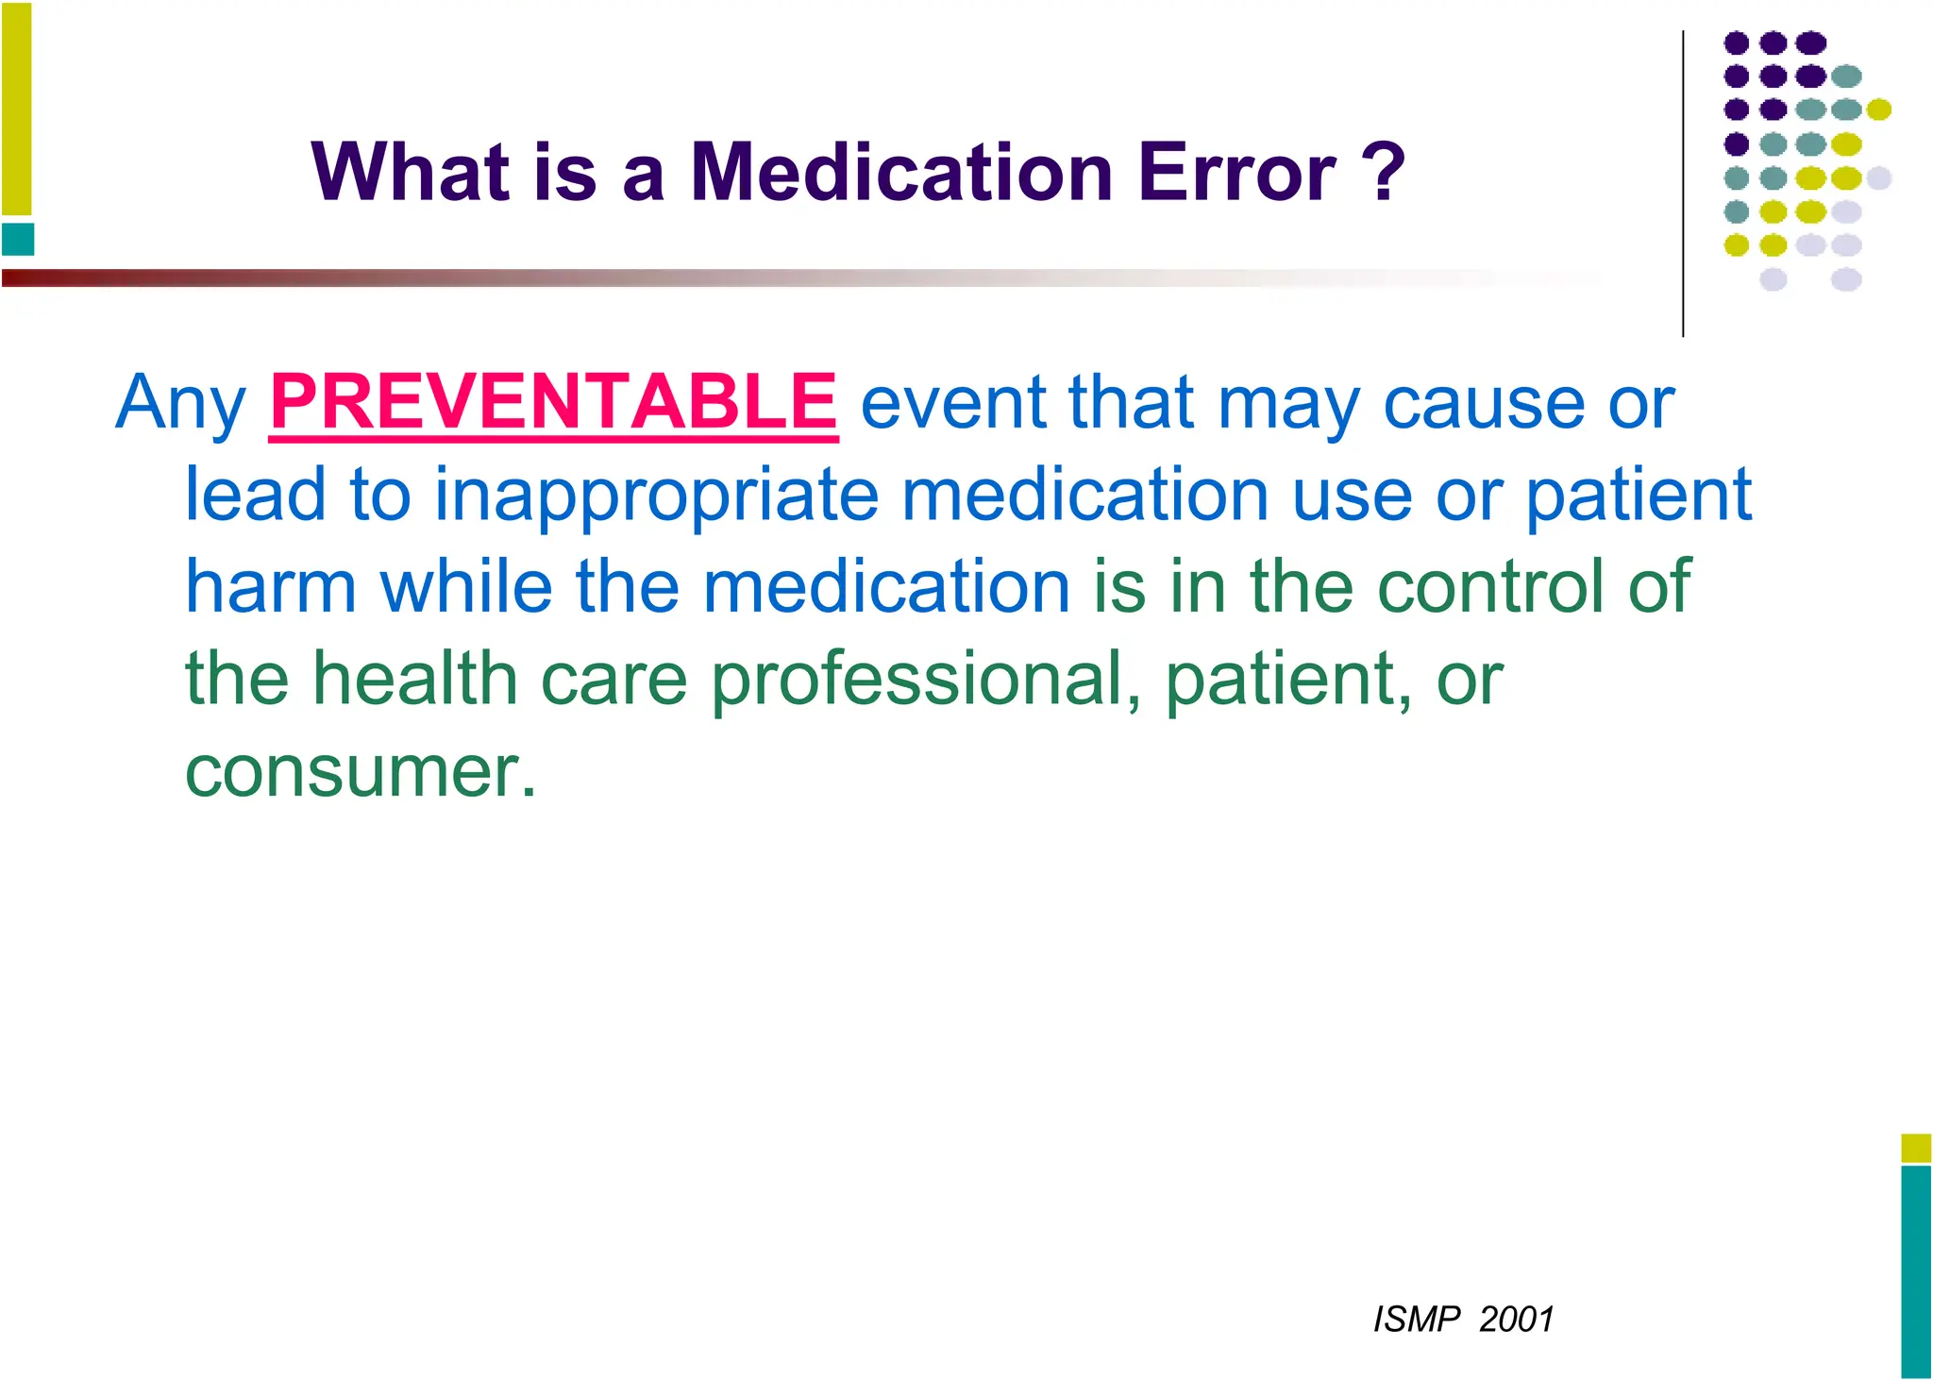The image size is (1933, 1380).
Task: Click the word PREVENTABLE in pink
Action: pos(553,402)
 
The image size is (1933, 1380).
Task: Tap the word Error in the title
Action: pos(1236,173)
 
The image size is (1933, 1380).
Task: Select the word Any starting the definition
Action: pos(180,404)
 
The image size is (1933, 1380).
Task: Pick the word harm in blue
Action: pos(270,586)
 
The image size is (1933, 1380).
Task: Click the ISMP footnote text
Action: pos(1416,1319)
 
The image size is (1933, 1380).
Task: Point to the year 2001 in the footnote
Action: pos(1516,1319)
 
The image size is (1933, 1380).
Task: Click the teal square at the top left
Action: pos(18,239)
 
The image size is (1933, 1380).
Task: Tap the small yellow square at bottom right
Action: pos(1916,1148)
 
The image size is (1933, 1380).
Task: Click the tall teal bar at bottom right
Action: pos(1916,1271)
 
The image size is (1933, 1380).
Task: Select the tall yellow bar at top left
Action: pos(16,109)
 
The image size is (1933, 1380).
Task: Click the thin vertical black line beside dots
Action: pos(1683,184)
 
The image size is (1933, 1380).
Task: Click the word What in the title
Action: pos(411,173)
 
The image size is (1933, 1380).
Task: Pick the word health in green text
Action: pos(415,679)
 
